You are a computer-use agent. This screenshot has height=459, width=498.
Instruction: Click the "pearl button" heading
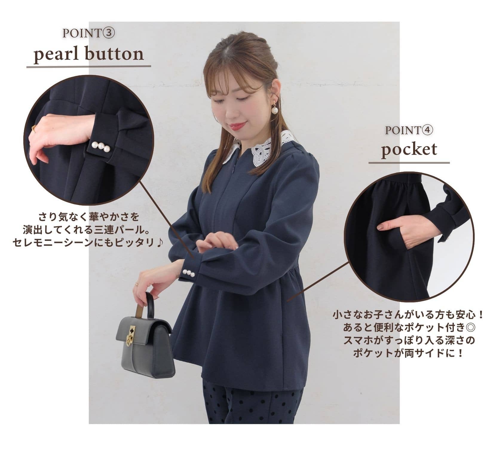89,55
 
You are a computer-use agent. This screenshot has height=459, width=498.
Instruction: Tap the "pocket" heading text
409,149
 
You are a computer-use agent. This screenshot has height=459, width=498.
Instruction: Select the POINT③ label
89,33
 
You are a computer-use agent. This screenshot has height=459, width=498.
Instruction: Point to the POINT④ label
409,130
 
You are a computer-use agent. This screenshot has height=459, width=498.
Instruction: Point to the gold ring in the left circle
34,128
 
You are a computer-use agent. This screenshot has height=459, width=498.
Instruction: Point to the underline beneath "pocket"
409,163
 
